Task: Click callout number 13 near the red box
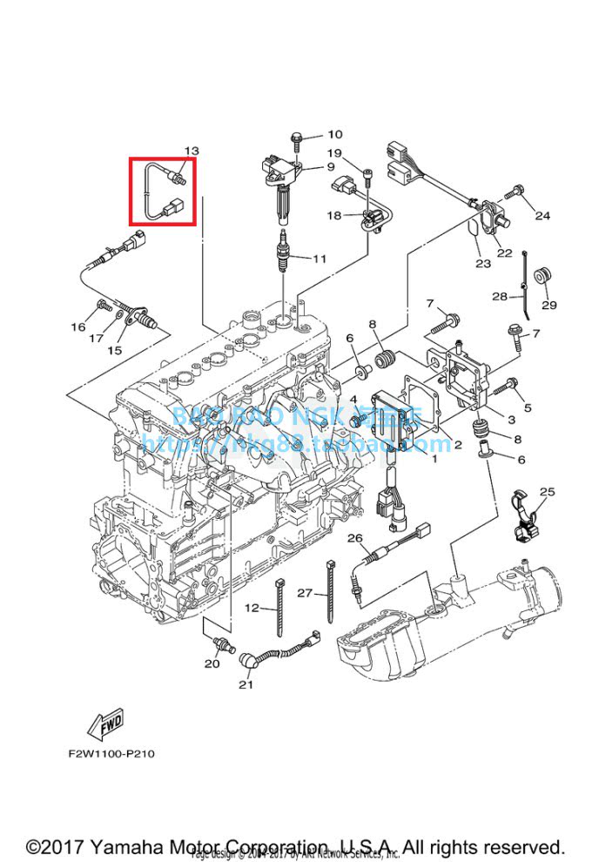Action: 192,151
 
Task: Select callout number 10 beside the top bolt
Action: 335,135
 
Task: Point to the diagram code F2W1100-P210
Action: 111,753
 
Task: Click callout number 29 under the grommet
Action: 549,305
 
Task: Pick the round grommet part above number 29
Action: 541,275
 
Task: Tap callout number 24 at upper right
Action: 542,215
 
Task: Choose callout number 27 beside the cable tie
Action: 304,593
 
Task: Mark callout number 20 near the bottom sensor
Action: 212,663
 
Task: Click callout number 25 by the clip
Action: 547,492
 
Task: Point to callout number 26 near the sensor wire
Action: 354,538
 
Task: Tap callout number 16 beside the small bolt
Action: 78,327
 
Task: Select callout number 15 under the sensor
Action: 114,350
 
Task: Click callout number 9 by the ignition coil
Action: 331,166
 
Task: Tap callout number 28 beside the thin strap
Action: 499,297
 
